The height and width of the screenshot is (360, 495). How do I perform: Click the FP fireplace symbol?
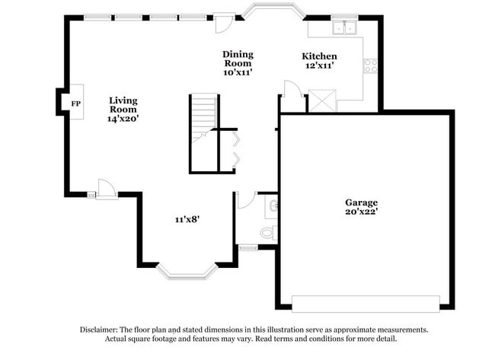pyautogui.click(x=75, y=104)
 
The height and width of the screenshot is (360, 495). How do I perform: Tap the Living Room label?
pyautogui.click(x=123, y=105)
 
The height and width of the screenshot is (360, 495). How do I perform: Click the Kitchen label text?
pyautogui.click(x=319, y=57)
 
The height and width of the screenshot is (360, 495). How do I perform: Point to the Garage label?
pyautogui.click(x=361, y=203)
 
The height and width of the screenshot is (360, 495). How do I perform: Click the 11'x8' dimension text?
pyautogui.click(x=187, y=219)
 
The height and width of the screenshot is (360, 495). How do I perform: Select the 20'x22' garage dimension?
pyautogui.click(x=361, y=213)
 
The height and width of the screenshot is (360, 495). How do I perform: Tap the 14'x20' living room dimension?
pyautogui.click(x=123, y=119)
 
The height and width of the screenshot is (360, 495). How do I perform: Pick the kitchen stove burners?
pyautogui.click(x=371, y=66)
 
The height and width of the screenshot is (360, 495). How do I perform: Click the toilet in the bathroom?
pyautogui.click(x=267, y=232)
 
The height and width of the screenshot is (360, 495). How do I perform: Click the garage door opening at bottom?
pyautogui.click(x=366, y=303)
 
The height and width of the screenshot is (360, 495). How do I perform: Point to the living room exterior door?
pyautogui.click(x=105, y=189)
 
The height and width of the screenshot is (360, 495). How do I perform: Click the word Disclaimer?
pyautogui.click(x=102, y=330)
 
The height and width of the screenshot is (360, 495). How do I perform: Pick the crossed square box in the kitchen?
pyautogui.click(x=320, y=100)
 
